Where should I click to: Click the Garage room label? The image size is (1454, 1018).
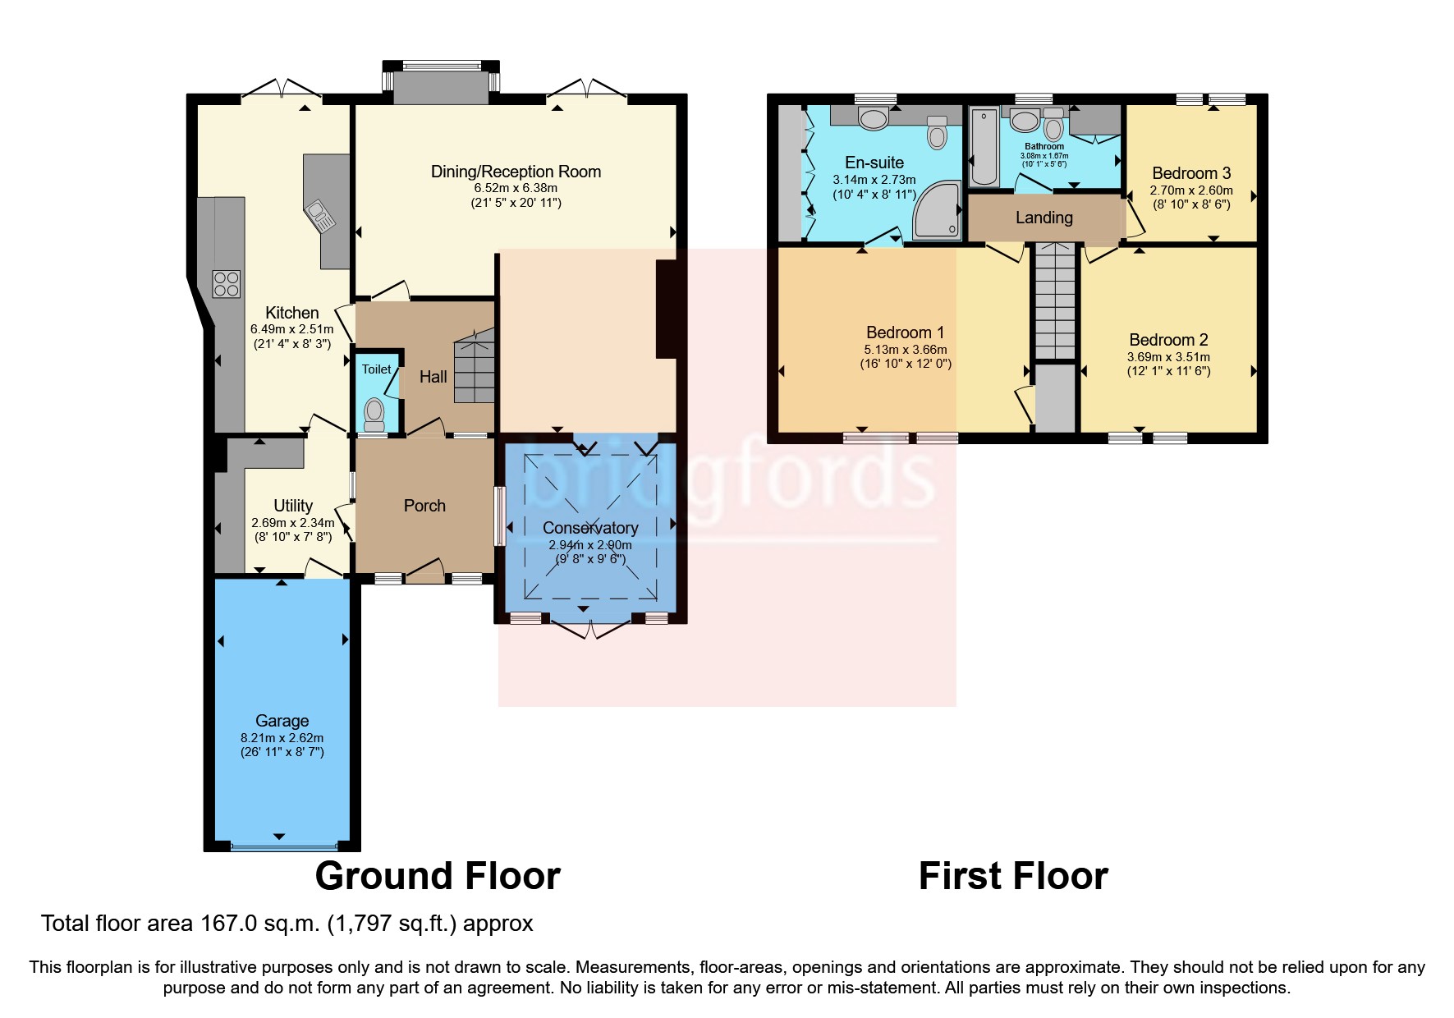coord(282,721)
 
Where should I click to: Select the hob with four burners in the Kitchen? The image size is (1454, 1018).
coord(227,284)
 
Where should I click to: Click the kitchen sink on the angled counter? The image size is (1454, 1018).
coord(319,215)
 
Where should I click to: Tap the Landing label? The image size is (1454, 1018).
coord(1043,218)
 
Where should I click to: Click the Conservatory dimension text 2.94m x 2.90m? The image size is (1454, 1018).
coord(589,545)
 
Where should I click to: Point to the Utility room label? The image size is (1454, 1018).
coord(293,506)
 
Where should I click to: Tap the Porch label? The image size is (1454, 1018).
coord(424,506)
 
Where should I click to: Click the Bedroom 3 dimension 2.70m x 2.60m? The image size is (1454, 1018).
coord(1190,190)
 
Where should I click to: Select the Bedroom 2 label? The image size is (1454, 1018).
coord(1168,340)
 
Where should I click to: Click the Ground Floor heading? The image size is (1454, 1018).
coord(438,876)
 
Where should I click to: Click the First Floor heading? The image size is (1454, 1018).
coord(1013,876)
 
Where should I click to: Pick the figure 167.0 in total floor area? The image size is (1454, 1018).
coord(231,924)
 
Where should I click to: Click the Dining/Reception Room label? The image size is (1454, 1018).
coord(516,172)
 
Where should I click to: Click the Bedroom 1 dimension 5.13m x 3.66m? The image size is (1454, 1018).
coord(905,350)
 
